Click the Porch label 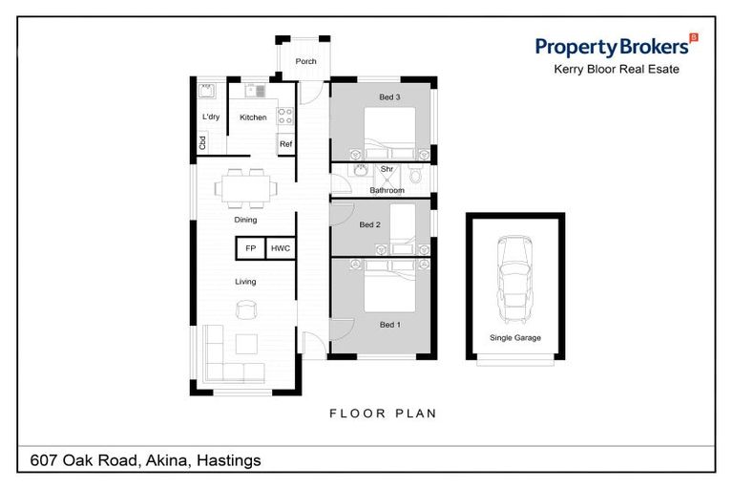pyautogui.click(x=305, y=61)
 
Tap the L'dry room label pyautogui.click(x=211, y=117)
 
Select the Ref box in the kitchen pyautogui.click(x=285, y=144)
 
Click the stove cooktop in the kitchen pyautogui.click(x=284, y=116)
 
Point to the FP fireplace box pyautogui.click(x=250, y=248)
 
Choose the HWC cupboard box pyautogui.click(x=280, y=248)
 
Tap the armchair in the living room pyautogui.click(x=247, y=309)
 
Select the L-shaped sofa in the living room pyautogui.click(x=229, y=357)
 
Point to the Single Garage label pyautogui.click(x=514, y=338)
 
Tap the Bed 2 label pyautogui.click(x=369, y=225)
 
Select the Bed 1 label pyautogui.click(x=389, y=325)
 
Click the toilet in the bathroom pyautogui.click(x=415, y=176)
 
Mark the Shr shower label pyautogui.click(x=387, y=169)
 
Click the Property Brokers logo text pyautogui.click(x=611, y=46)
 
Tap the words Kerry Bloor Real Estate pyautogui.click(x=617, y=70)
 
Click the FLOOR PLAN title pyautogui.click(x=383, y=414)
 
